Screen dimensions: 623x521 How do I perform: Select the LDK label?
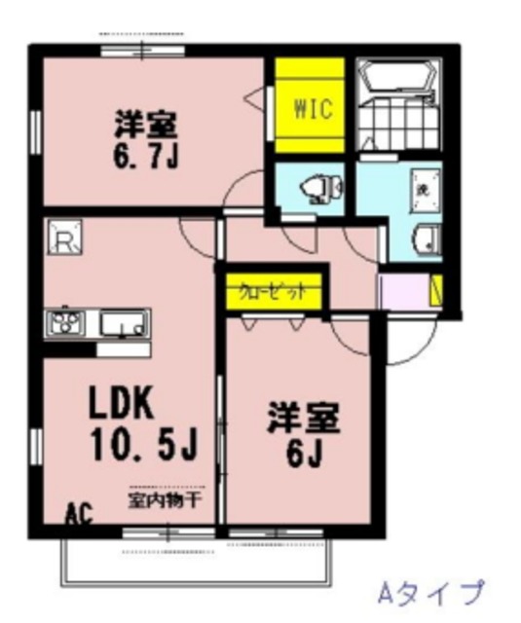[x=124, y=402]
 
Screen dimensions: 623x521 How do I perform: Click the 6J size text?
[x=305, y=452]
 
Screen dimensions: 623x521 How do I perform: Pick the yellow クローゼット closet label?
[x=274, y=291]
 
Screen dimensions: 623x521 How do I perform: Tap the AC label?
[x=80, y=512]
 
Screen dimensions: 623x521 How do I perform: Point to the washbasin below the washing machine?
[x=425, y=239]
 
